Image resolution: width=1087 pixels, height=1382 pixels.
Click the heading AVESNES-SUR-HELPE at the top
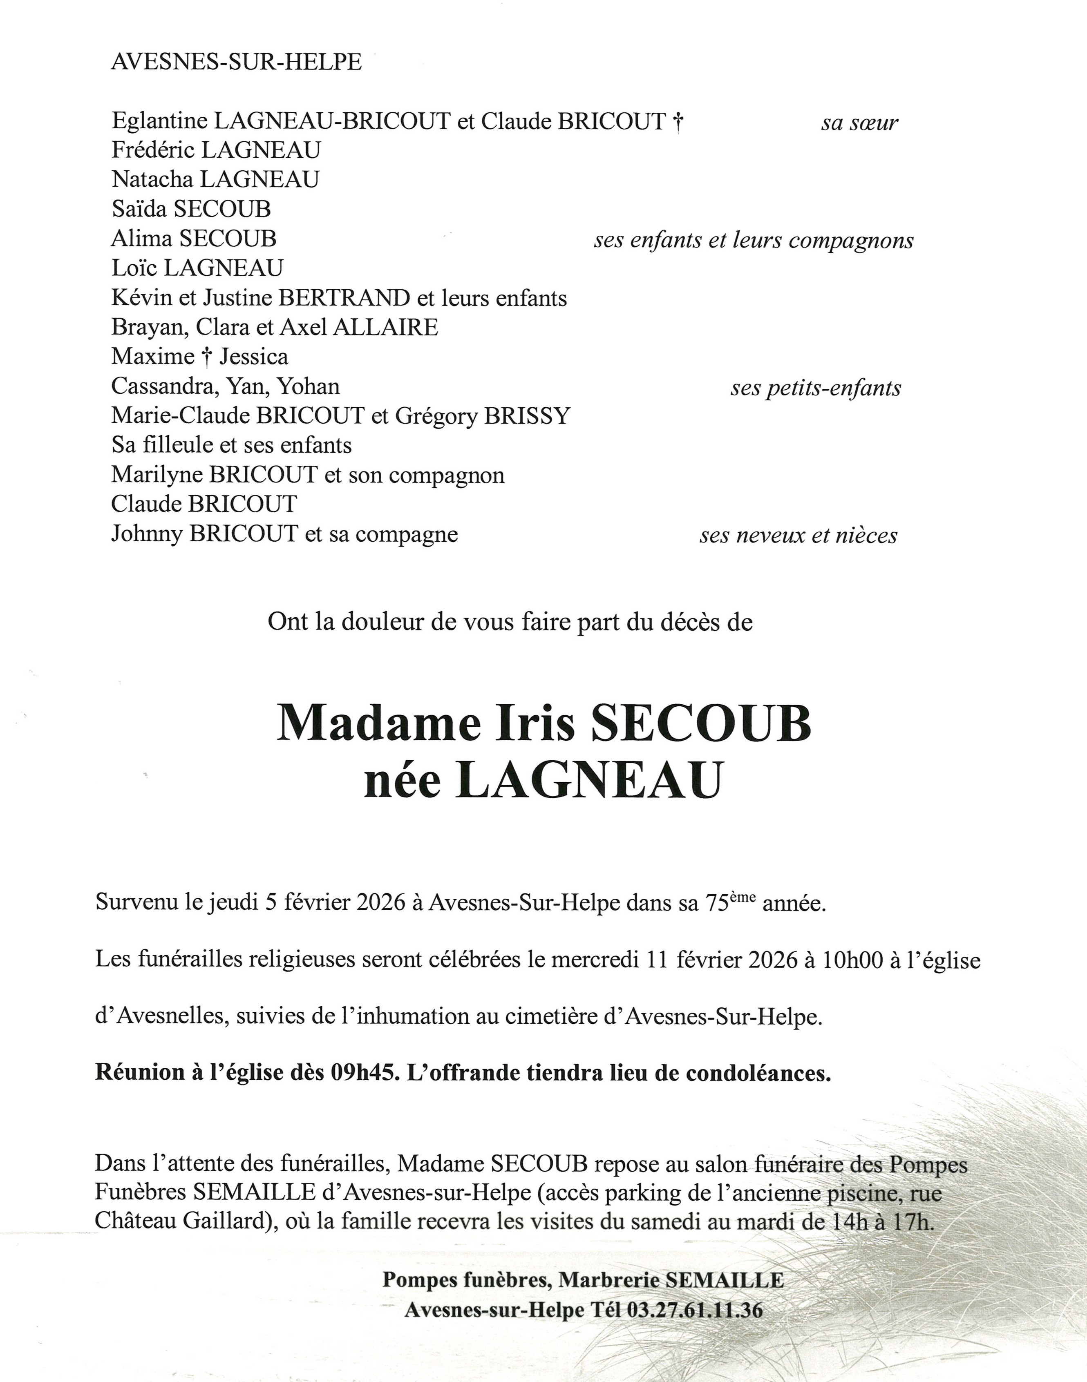236,62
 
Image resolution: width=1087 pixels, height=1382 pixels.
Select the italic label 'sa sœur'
859,123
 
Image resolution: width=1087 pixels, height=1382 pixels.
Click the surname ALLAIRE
386,327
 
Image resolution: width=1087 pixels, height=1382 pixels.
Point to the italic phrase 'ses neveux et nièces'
798,536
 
